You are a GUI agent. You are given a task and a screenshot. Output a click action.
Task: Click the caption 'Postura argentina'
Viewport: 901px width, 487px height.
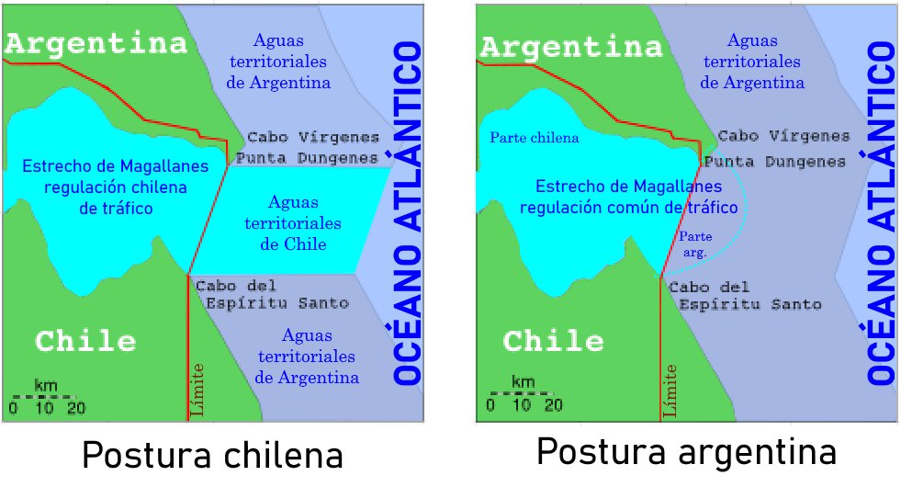686,453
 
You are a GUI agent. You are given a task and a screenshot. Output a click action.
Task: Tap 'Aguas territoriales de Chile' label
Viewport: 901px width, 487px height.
293,222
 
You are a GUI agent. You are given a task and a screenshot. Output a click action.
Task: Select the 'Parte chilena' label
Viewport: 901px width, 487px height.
535,138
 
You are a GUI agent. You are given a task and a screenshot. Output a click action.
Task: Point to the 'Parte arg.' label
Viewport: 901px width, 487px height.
695,243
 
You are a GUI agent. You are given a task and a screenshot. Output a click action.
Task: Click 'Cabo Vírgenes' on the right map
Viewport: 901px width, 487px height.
783,136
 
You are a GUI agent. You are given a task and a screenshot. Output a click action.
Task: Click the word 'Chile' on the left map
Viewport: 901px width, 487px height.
85,342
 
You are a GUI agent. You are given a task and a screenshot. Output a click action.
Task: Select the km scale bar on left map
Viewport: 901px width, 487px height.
48,397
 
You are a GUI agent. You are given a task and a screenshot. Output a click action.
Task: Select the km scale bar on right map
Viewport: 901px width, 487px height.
522,394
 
